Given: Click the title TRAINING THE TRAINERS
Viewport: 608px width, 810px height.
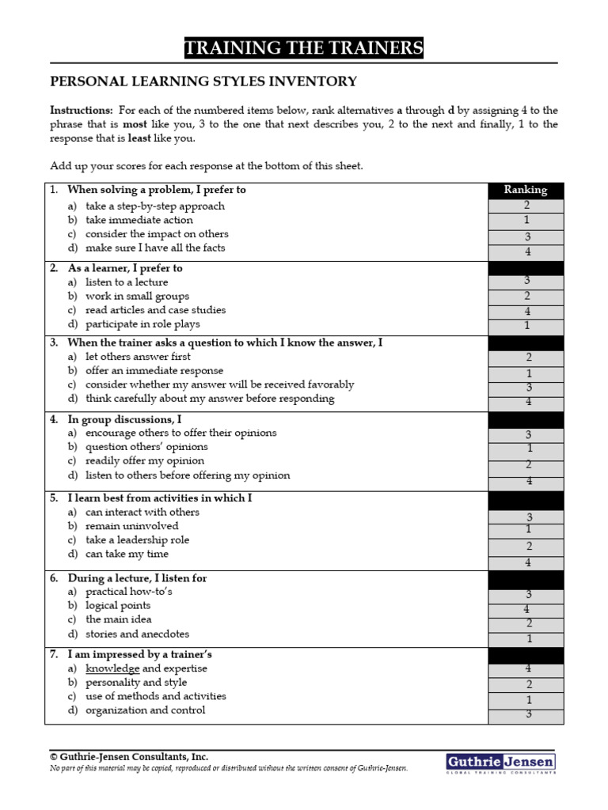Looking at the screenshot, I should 304,48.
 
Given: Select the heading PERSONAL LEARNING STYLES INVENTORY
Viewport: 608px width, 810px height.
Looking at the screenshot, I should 203,81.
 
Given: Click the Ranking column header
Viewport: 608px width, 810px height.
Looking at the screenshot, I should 526,190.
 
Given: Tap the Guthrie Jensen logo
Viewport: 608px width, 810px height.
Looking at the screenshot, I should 500,763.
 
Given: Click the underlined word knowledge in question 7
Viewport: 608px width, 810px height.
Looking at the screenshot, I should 112,668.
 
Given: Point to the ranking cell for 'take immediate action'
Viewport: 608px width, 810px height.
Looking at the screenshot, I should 526,221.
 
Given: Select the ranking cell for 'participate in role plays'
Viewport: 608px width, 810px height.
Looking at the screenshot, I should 526,326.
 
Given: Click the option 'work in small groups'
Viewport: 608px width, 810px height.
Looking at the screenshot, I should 137,296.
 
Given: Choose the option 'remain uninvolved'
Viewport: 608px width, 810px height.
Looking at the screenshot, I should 131,526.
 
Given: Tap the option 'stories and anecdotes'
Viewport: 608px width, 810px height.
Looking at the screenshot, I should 137,634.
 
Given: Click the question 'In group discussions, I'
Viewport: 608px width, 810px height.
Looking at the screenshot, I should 124,419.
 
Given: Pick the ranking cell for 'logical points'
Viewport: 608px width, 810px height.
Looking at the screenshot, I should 526,609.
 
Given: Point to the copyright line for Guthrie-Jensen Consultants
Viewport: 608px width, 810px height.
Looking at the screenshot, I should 129,757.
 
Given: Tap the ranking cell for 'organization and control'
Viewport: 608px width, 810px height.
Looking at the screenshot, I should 526,715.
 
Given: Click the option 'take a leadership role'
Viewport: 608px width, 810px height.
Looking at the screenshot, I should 138,540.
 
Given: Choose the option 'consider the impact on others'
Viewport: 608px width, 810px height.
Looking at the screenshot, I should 157,234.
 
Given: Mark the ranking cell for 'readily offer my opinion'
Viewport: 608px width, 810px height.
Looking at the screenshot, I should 526,464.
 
